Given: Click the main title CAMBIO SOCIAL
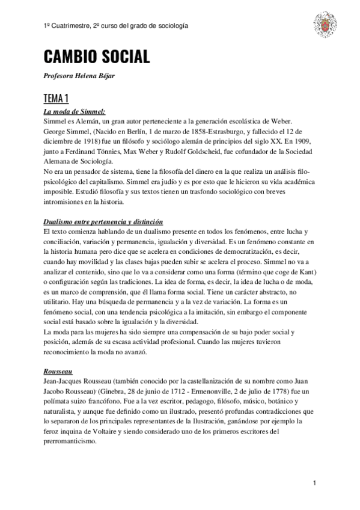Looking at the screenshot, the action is click(x=96, y=58).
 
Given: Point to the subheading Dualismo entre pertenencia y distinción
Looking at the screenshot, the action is click(x=103, y=223).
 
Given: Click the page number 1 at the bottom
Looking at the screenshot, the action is click(x=314, y=484).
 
